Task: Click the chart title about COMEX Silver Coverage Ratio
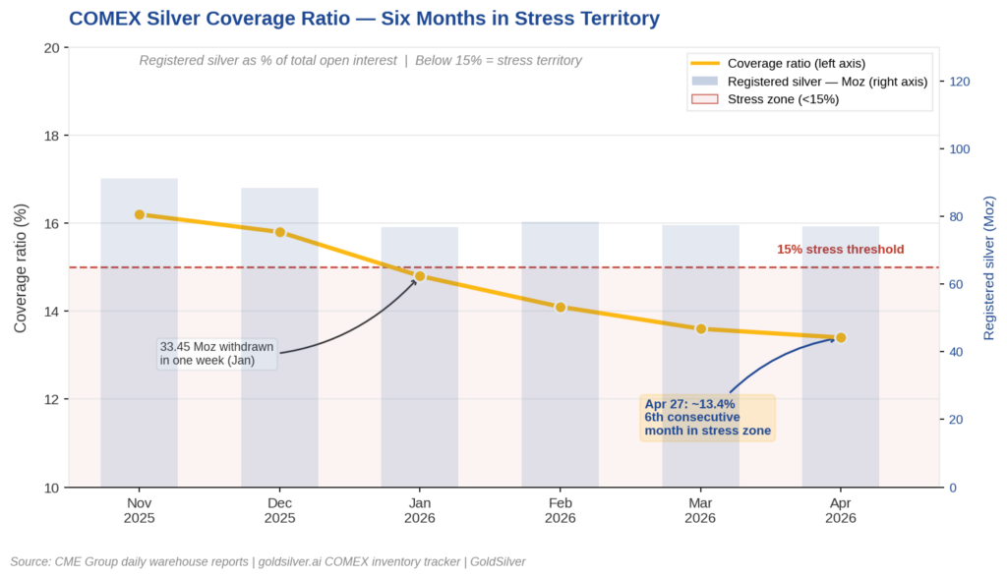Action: coord(364,18)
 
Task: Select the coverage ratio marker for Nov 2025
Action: coord(140,214)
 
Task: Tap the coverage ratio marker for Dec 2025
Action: coord(280,232)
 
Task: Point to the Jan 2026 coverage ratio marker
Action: coord(420,276)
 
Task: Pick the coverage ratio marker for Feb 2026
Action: coord(561,307)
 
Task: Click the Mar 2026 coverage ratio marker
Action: coord(701,328)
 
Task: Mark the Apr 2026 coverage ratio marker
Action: coord(841,337)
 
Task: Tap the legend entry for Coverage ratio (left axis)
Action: coord(797,63)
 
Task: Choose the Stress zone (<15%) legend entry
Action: coord(783,98)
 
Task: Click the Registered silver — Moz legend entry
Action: coord(826,81)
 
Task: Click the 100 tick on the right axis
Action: coord(958,149)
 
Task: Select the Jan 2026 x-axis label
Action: coord(420,509)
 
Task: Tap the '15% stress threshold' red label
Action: coord(840,250)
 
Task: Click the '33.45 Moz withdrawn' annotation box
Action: coord(217,354)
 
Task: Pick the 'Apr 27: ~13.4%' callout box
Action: coord(707,418)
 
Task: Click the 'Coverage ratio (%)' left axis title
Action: coord(21,267)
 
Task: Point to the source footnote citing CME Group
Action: coord(267,561)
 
